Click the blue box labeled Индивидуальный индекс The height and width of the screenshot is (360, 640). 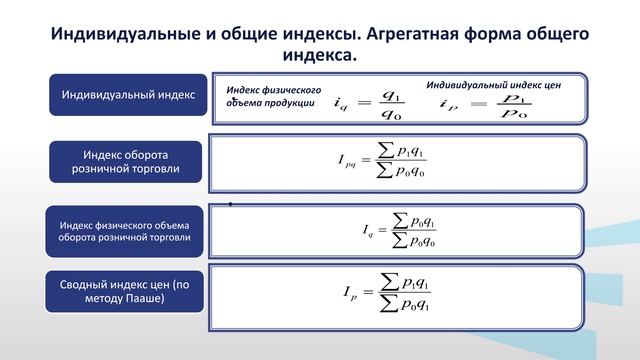pyautogui.click(x=127, y=95)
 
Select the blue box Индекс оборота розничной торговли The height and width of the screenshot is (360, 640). pyautogui.click(x=126, y=163)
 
